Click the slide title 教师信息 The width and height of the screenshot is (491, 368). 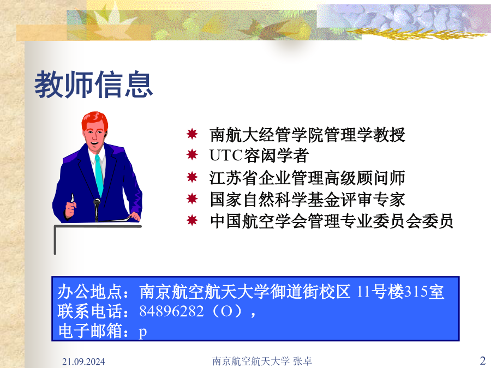pyautogui.click(x=93, y=85)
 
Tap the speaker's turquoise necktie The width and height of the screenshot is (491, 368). pyautogui.click(x=99, y=174)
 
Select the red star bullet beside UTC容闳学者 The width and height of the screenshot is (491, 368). pyautogui.click(x=192, y=155)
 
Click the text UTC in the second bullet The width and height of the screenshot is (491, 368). pyautogui.click(x=226, y=155)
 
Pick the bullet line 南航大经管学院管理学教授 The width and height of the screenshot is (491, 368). pyautogui.click(x=308, y=135)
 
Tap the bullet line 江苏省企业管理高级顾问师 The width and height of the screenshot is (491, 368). pyautogui.click(x=308, y=178)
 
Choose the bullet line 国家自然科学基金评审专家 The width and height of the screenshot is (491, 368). pyautogui.click(x=308, y=200)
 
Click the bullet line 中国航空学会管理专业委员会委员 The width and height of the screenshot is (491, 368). pyautogui.click(x=332, y=221)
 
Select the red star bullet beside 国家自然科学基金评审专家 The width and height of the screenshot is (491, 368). pyautogui.click(x=192, y=198)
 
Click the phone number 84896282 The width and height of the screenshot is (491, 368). pyautogui.click(x=172, y=311)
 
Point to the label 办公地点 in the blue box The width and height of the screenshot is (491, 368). pyautogui.click(x=89, y=292)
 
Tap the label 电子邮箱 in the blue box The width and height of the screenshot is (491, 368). pyautogui.click(x=89, y=331)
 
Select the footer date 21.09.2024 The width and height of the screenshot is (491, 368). pyautogui.click(x=83, y=362)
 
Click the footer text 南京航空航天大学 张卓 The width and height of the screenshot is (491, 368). pyautogui.click(x=262, y=361)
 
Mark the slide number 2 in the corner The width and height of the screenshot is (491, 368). pyautogui.click(x=483, y=360)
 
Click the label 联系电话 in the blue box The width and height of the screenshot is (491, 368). pyautogui.click(x=89, y=311)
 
